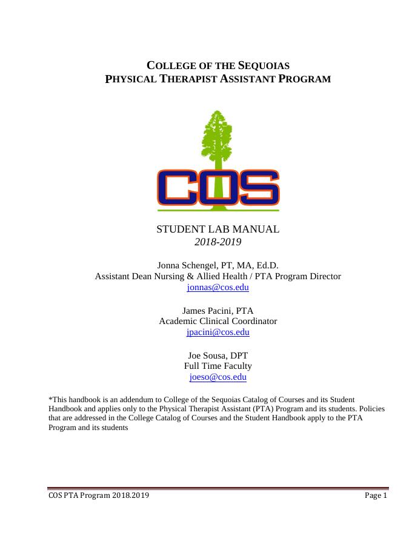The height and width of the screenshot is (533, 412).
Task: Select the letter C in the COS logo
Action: (177, 188)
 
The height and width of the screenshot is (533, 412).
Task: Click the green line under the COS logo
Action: (218, 211)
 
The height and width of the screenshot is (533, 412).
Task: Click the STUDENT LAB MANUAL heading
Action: (218, 230)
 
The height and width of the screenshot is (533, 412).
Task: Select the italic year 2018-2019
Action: (218, 242)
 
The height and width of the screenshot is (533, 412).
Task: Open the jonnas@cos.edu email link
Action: (218, 288)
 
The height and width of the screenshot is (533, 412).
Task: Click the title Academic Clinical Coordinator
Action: (218, 321)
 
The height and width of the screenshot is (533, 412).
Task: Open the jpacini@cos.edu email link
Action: (218, 333)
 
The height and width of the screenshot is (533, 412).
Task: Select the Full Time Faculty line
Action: (218, 366)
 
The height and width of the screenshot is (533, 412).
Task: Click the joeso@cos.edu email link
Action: (218, 377)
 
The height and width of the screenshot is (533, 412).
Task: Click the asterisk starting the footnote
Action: (50, 399)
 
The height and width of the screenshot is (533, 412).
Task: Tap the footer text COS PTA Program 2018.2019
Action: (99, 495)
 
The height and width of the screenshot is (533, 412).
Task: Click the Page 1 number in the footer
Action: (376, 495)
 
